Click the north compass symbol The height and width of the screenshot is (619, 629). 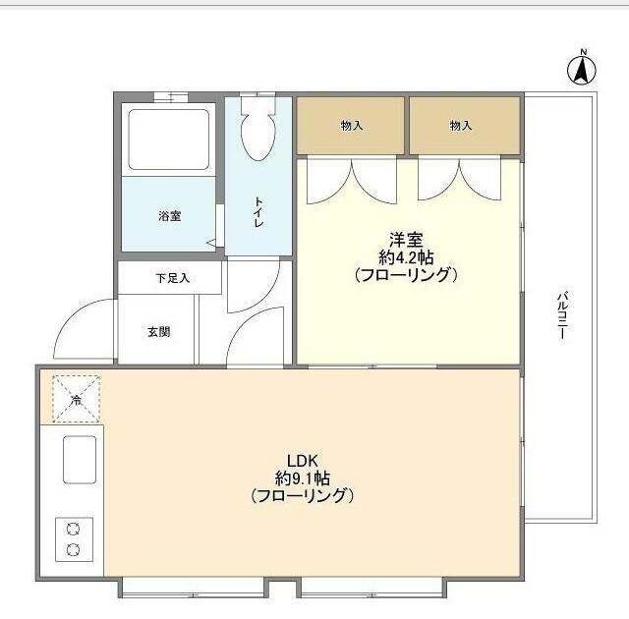[x=581, y=69]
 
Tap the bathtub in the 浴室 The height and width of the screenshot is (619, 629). [x=168, y=140]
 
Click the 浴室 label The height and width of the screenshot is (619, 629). [x=169, y=216]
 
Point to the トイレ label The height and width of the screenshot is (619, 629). [x=258, y=212]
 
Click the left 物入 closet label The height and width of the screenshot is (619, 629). [x=352, y=126]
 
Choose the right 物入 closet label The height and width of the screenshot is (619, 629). [x=461, y=126]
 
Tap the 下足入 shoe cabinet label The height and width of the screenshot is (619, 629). [x=173, y=278]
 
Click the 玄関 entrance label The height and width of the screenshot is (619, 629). [x=159, y=332]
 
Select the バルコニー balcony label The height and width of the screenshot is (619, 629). [x=562, y=315]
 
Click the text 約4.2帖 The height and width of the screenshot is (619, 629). [x=406, y=257]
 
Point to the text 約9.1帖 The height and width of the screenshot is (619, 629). [x=303, y=478]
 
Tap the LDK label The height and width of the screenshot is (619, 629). [x=303, y=460]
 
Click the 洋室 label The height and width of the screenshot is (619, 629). [x=406, y=240]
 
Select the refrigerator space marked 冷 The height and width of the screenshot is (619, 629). [x=76, y=399]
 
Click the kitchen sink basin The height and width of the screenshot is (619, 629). [x=80, y=460]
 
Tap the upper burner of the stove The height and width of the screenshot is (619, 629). [x=73, y=530]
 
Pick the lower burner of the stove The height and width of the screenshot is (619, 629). [x=73, y=549]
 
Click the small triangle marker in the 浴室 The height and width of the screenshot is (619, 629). [x=211, y=242]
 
